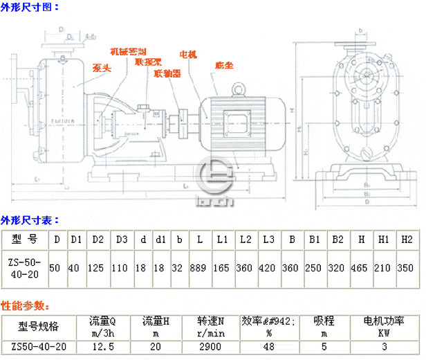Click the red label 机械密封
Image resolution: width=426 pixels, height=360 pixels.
coord(129,51)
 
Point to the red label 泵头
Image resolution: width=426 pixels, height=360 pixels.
coord(102,68)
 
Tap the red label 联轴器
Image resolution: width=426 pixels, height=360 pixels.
coord(167,72)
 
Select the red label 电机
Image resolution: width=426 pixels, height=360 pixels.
coord(188,54)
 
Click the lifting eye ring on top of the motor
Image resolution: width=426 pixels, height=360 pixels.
coord(239,89)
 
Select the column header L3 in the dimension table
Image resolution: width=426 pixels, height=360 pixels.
coord(268,239)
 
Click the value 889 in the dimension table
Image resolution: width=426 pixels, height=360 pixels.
coord(200,267)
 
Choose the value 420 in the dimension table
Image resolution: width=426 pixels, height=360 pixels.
coord(268,267)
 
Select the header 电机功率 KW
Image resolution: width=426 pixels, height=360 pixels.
coord(385,326)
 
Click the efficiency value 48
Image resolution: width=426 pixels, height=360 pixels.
coord(268,346)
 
